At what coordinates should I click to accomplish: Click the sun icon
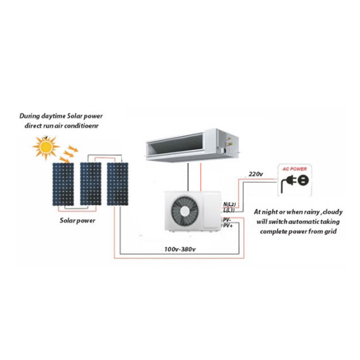coord(46,147)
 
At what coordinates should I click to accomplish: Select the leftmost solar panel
coord(63,184)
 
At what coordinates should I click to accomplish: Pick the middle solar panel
coord(90,184)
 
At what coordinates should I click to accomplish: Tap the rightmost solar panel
coord(118,184)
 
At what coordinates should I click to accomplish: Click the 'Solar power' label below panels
coord(77,221)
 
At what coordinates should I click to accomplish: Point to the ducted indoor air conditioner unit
coord(192,145)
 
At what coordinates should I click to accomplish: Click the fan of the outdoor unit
coord(185,211)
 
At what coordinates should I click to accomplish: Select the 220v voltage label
coord(256,174)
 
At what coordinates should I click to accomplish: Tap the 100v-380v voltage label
coord(180,249)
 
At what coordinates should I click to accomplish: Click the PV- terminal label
coord(227,220)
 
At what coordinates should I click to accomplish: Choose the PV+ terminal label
coord(228,226)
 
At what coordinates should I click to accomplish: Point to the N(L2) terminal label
coord(229,204)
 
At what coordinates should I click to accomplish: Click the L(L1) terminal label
coord(229,210)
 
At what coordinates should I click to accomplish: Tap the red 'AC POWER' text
coord(295,169)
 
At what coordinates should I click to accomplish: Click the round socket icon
coord(303,180)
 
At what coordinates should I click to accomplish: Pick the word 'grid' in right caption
coord(331,232)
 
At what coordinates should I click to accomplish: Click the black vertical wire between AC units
coord(189,177)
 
